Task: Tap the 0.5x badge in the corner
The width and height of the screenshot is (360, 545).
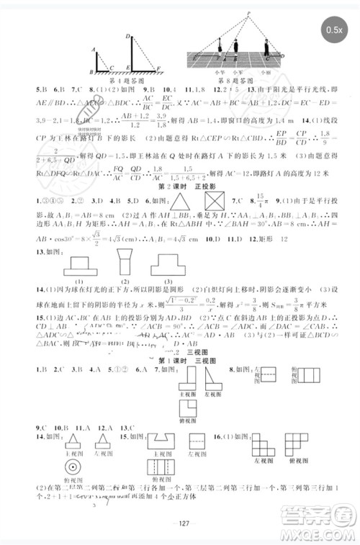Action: (x=333, y=30)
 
